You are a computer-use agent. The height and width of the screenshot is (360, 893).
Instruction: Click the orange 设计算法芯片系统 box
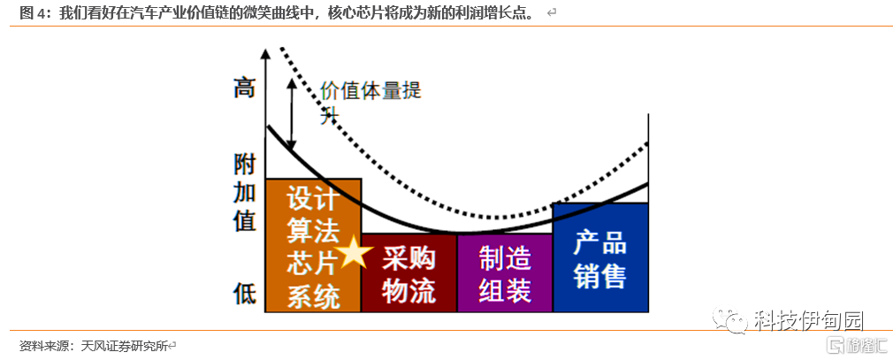[313, 245]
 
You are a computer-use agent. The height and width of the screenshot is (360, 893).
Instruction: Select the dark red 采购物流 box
[408, 273]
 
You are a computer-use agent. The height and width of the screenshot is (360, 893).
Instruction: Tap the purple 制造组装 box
[504, 273]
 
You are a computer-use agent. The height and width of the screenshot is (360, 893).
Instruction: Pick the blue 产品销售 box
[600, 257]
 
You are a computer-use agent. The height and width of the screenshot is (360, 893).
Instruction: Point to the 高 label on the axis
[244, 88]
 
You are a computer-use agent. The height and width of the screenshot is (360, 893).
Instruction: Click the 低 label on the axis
[244, 293]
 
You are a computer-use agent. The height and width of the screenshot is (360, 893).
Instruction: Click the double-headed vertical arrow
[292, 115]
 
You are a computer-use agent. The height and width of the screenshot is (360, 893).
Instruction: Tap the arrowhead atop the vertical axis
[265, 54]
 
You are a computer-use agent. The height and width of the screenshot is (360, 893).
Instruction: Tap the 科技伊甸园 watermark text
[808, 321]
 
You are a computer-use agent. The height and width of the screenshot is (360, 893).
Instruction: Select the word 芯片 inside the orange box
[313, 263]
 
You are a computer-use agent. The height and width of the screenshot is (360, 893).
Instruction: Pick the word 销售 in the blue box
[600, 275]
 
